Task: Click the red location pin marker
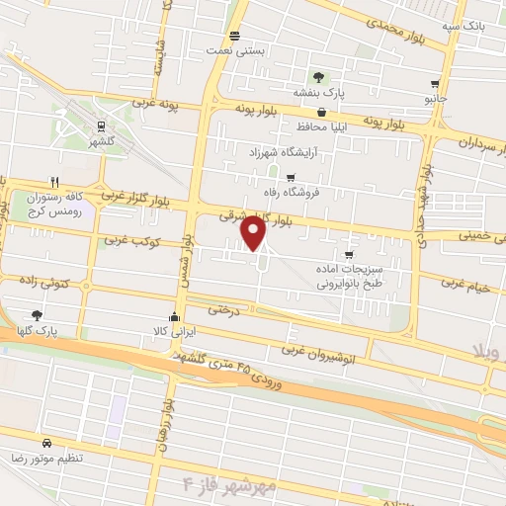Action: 254,233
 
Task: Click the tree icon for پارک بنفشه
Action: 317,77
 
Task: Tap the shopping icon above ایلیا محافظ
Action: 322,112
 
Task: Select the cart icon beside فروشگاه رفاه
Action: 290,179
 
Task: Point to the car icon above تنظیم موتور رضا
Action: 46,443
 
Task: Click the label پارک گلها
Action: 38,328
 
